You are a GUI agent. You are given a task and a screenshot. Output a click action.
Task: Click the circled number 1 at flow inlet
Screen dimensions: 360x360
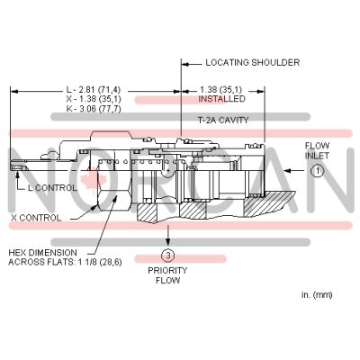[317, 171]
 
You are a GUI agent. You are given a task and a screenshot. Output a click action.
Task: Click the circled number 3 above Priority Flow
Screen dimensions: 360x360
[168, 256]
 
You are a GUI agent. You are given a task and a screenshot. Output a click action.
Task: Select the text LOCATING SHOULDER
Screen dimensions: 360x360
[253, 63]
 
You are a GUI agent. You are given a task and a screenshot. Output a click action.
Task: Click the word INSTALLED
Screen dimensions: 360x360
[221, 99]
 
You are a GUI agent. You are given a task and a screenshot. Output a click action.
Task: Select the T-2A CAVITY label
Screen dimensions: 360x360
[223, 121]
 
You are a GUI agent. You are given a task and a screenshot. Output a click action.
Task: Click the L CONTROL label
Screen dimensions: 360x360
[52, 188]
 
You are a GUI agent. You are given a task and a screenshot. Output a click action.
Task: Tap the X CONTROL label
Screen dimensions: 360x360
[36, 218]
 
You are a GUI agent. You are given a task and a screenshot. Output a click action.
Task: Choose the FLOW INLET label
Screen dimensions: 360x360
[317, 151]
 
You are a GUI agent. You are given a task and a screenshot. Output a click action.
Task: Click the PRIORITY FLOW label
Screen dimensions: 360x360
[167, 275]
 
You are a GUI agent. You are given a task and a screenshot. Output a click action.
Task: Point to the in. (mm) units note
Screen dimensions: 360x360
[317, 295]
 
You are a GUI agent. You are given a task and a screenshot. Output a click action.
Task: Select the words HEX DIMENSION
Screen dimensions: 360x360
[42, 253]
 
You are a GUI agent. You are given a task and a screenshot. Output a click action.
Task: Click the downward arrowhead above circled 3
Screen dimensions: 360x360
[168, 241]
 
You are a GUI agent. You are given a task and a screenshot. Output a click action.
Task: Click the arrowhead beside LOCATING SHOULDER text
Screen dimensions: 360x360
[185, 64]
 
